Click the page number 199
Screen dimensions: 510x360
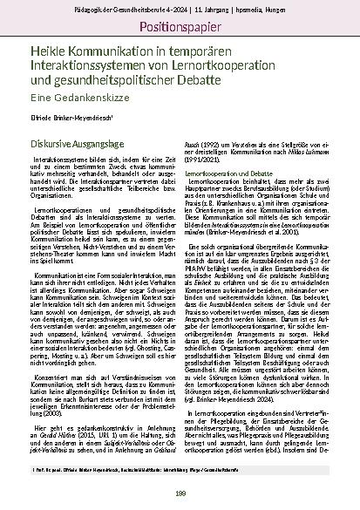pos(180,495)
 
